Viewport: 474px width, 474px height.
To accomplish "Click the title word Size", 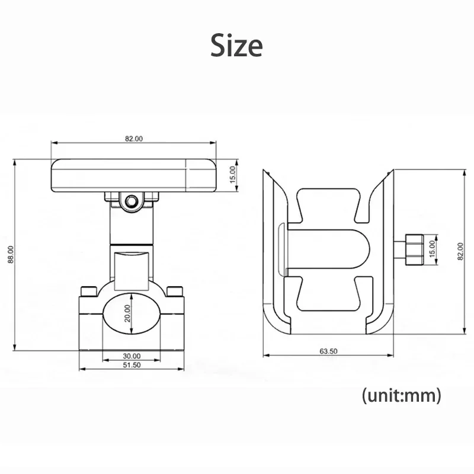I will (236, 46).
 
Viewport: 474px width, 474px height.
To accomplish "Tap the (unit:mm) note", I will (401, 395).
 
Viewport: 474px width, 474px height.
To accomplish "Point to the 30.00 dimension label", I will (132, 356).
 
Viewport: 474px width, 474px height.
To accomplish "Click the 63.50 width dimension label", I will (328, 351).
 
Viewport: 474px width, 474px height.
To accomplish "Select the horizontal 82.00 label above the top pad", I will (133, 139).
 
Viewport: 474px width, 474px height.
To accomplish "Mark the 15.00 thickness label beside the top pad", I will (233, 174).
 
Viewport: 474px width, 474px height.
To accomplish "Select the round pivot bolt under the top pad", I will (131, 202).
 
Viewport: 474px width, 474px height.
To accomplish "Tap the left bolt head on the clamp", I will (89, 290).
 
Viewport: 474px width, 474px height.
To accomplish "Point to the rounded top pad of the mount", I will (118, 175).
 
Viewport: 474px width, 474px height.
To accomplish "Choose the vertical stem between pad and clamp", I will (131, 231).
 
